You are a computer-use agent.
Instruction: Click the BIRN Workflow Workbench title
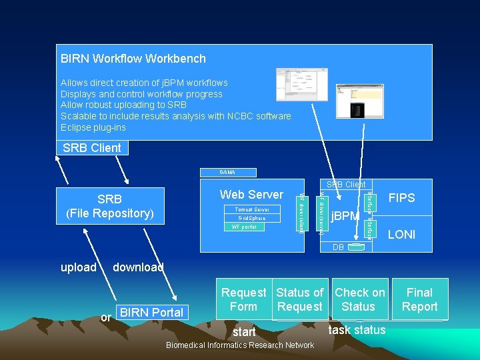133,59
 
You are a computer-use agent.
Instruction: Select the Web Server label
251,195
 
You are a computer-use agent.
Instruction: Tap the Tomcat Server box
252,209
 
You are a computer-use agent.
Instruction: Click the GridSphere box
252,218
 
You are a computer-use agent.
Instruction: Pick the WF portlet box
244,227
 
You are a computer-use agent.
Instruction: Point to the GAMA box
227,172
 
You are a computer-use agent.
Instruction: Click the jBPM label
346,216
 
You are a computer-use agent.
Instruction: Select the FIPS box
401,198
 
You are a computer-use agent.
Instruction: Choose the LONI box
401,235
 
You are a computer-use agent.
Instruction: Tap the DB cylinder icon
357,247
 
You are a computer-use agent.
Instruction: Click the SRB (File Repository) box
109,206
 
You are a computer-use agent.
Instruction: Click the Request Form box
243,299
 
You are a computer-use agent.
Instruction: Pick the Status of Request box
299,299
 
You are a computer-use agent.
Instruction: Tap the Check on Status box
359,299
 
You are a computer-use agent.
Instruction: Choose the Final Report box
419,299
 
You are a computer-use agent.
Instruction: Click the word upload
78,267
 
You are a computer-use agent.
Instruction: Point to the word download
138,267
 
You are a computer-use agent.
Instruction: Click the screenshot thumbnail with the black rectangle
349,101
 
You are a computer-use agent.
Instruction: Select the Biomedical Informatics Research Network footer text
239,345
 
